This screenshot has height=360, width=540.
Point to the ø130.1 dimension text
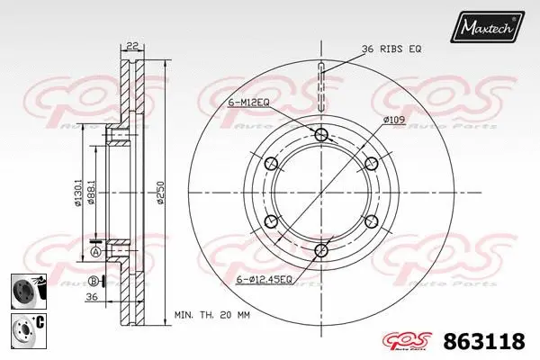[x=79, y=192]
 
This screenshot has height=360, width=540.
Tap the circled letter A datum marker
[x=94, y=252]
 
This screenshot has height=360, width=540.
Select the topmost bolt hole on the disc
[x=321, y=135]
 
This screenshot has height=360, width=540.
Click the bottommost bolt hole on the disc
[x=321, y=249]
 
